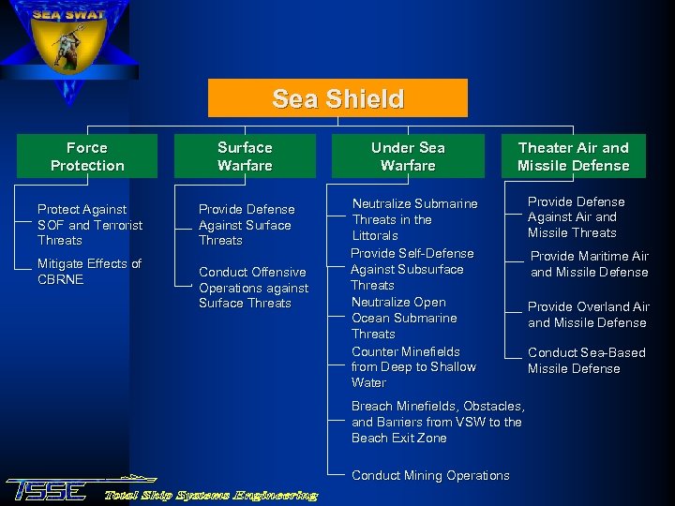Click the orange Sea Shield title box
coord(337,98)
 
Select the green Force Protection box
coord(87,156)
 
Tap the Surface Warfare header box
coord(245,156)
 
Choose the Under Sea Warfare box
coord(408,156)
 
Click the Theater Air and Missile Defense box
coord(573,156)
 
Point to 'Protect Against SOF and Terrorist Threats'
coord(90,225)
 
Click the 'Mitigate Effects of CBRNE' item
coord(89,272)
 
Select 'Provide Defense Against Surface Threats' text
coord(247,225)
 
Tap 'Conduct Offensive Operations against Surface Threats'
coord(253,288)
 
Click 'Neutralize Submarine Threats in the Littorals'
coord(414,219)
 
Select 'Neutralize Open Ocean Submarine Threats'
coord(404,318)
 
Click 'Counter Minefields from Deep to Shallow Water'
coord(413,367)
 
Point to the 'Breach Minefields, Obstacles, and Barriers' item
coord(438,422)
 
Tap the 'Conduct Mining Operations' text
coord(430,475)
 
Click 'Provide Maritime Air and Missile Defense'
coord(590,264)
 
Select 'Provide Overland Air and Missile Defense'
coord(588,315)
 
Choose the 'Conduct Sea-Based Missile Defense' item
coord(586,361)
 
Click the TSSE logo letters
coord(47,490)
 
